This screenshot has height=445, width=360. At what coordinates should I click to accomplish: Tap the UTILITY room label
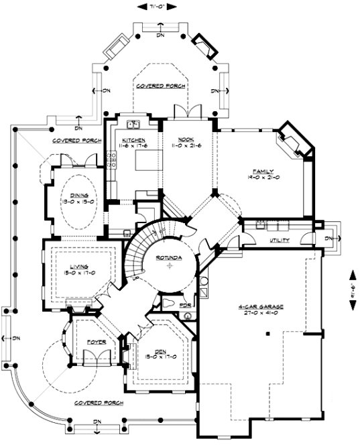pos(280,239)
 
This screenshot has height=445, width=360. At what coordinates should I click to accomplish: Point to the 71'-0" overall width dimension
pos(161,7)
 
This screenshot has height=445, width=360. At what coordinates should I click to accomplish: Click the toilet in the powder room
pos(168,306)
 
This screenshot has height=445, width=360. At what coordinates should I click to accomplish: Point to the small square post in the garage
pos(265,332)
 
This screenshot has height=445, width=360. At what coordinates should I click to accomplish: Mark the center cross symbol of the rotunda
pos(170,266)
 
